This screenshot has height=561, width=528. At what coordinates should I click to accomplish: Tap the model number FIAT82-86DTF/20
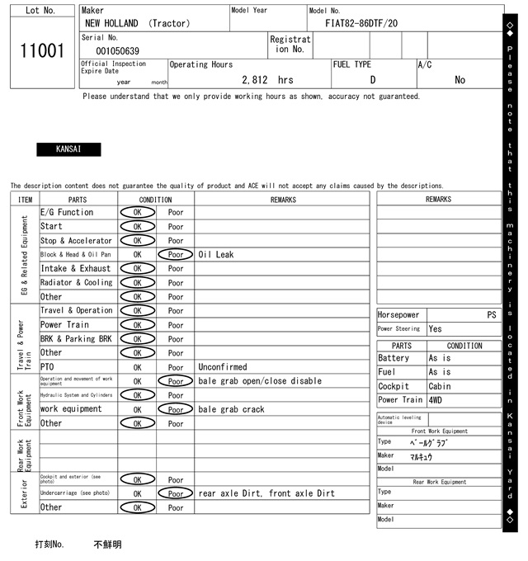[361, 23]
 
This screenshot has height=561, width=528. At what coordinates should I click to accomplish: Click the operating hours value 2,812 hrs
[267, 80]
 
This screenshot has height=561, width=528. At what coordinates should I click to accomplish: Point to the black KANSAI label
[68, 149]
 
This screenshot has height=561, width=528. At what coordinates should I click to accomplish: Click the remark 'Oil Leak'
[216, 255]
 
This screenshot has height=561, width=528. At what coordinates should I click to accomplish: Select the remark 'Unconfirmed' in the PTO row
[223, 367]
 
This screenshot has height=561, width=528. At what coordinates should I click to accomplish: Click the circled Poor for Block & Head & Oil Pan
[176, 255]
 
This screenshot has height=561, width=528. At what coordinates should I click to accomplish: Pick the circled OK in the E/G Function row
[137, 213]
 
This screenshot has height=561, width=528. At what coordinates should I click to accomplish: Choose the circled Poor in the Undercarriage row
[176, 493]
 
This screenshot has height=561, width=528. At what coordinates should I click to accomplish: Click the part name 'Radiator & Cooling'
[76, 283]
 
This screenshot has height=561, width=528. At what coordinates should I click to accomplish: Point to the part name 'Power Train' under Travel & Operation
[64, 325]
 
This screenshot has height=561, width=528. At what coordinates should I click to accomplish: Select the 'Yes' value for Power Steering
[436, 329]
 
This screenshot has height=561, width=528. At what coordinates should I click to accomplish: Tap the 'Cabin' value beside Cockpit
[440, 386]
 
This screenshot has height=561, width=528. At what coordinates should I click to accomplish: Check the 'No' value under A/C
[460, 80]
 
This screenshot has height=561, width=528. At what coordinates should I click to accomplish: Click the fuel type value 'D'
[373, 80]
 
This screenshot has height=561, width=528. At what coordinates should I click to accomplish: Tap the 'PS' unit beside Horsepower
[492, 315]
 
